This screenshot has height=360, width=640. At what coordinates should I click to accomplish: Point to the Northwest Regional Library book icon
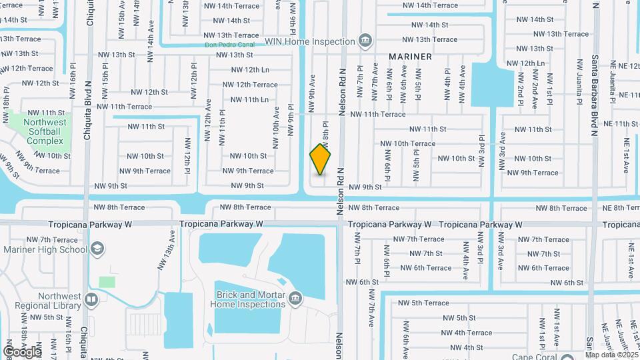click(x=91, y=300)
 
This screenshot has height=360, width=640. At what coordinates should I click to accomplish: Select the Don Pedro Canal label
click(x=230, y=45)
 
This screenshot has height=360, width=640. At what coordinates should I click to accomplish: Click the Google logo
click(x=22, y=351)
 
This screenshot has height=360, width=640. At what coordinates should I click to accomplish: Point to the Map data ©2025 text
click(x=611, y=355)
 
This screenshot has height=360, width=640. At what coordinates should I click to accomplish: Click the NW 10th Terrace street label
click(x=407, y=144)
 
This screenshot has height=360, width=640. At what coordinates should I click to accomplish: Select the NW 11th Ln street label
click(x=246, y=99)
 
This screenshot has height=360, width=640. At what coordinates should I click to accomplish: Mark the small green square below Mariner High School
click(x=107, y=282)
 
